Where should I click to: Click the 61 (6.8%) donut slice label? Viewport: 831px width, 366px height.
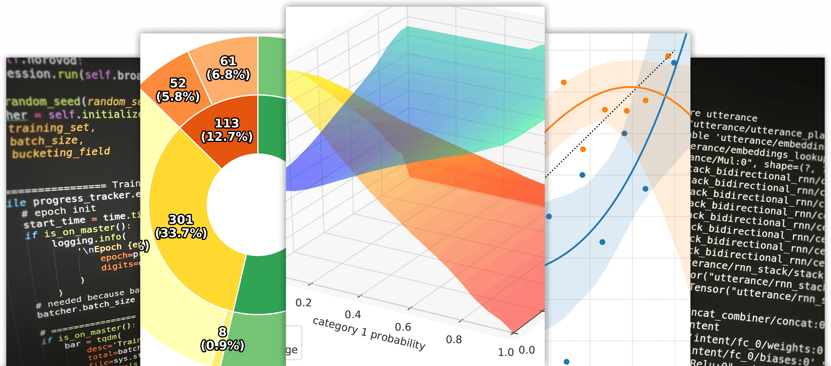coord(228,68)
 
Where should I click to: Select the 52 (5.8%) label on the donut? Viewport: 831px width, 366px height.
coord(178,90)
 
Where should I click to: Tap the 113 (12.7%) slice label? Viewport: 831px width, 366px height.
coord(227,130)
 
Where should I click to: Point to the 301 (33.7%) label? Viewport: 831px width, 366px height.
coord(181,226)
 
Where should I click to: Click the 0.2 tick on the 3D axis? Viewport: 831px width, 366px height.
coord(304,303)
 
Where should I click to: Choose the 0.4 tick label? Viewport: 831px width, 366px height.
coord(353,315)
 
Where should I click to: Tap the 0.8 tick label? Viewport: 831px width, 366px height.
coord(453,340)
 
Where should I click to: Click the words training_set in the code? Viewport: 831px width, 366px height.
coord(48,128)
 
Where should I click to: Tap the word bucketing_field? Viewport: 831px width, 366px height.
coord(61,153)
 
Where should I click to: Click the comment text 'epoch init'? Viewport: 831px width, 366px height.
coord(65,210)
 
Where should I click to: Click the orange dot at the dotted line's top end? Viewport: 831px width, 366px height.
coord(668,56)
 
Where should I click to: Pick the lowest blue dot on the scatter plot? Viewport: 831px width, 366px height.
coord(567,362)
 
